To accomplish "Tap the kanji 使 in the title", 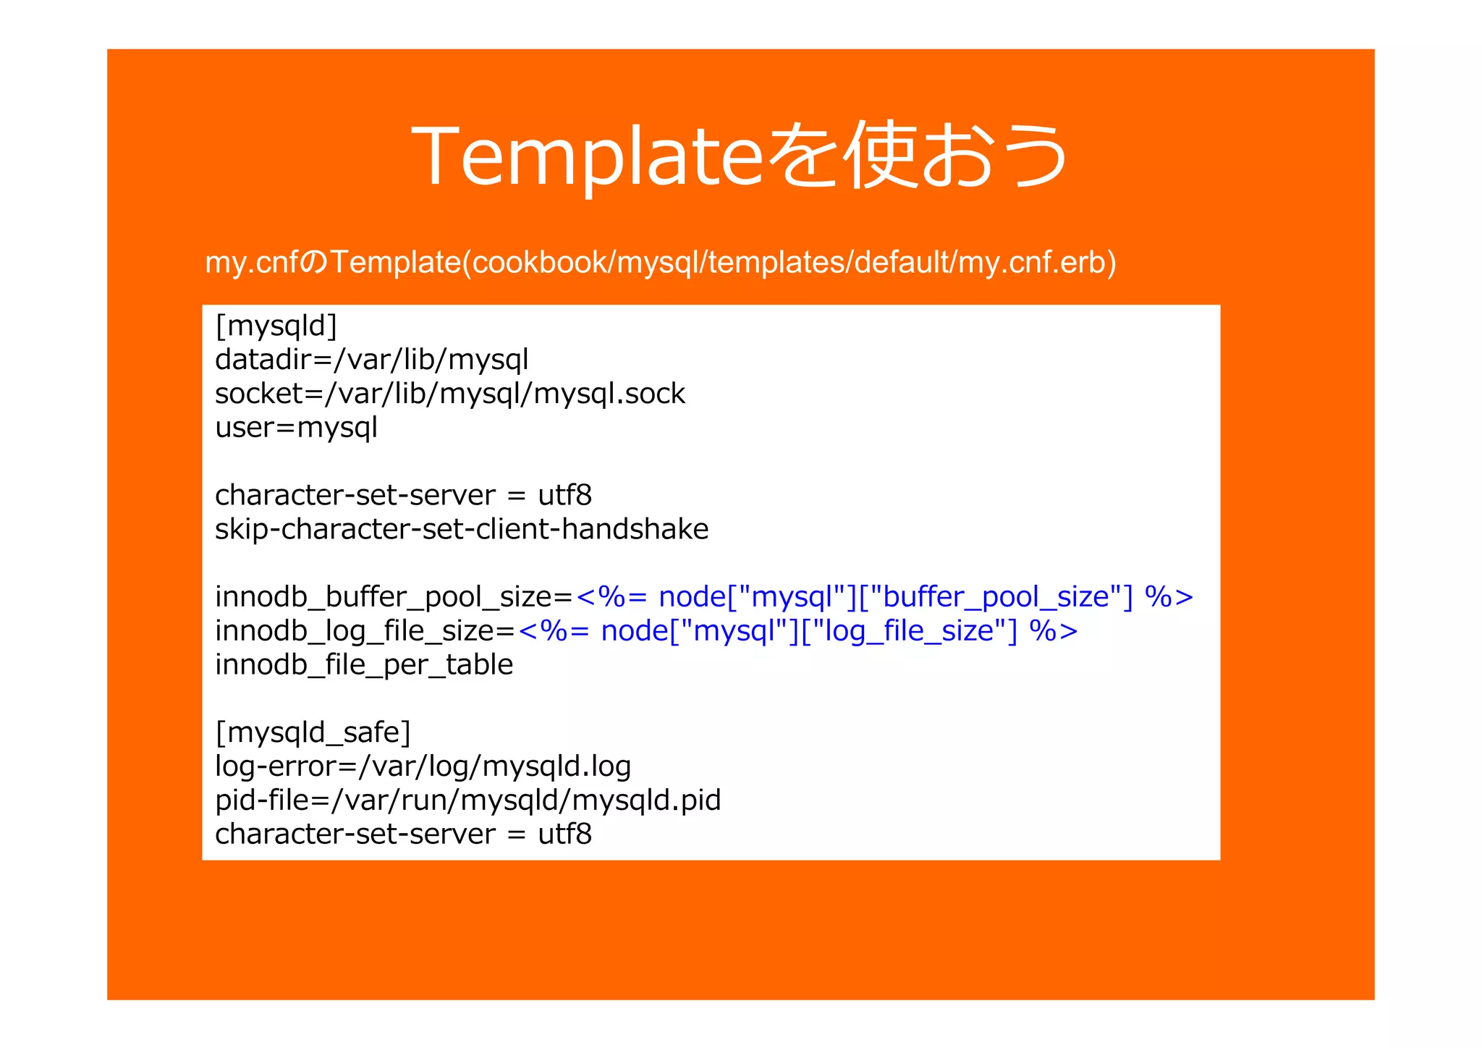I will click(x=878, y=156).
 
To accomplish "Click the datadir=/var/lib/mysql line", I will click(x=372, y=360).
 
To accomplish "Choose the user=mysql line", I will click(x=297, y=428).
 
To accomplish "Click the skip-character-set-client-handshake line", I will click(x=462, y=529).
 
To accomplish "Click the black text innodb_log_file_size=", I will click(x=365, y=631).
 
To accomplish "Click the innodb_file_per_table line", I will click(x=364, y=665).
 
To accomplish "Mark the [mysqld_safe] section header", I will click(x=313, y=732).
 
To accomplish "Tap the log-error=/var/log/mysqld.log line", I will click(x=423, y=766).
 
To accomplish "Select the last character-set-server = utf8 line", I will click(x=404, y=834).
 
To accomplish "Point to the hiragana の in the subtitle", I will click(x=313, y=263).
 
